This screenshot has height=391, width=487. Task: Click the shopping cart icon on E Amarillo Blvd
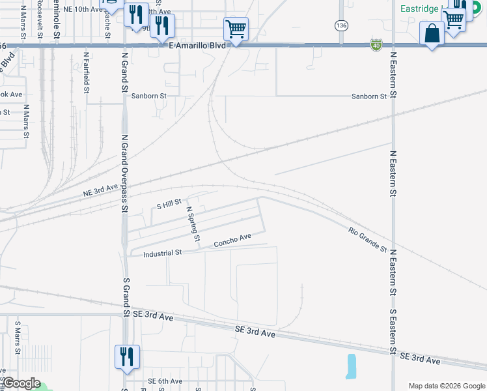click(x=236, y=29)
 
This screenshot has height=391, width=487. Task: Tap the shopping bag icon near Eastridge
click(x=432, y=33)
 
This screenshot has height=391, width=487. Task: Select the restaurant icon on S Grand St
click(x=127, y=356)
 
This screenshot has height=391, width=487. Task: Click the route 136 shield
click(x=341, y=25)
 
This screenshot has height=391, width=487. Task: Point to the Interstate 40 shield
click(x=376, y=44)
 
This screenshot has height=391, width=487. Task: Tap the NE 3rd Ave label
click(x=100, y=190)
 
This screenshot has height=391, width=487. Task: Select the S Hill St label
click(x=169, y=205)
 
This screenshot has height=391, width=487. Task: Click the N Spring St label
click(x=193, y=224)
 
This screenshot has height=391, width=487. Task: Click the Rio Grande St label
click(x=367, y=240)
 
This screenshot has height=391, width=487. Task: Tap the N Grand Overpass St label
click(x=124, y=174)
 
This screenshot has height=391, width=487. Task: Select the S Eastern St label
click(x=393, y=330)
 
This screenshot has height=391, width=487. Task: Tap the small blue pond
click(x=352, y=367)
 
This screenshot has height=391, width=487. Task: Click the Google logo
click(x=21, y=383)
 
